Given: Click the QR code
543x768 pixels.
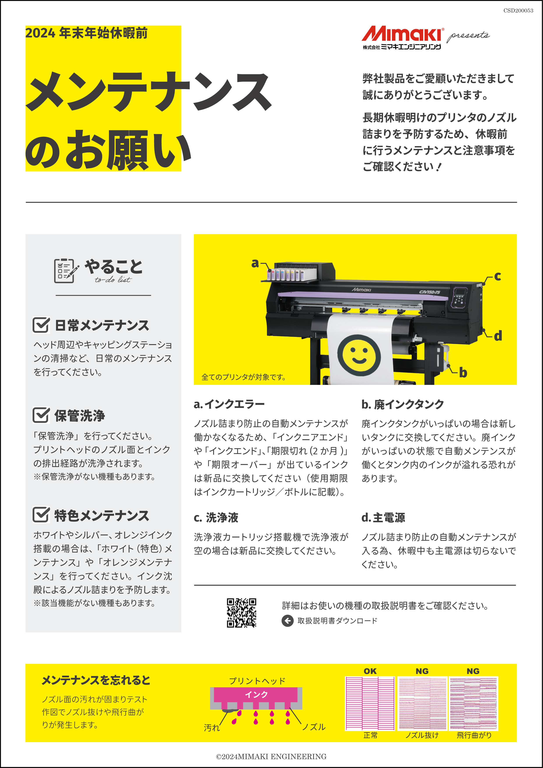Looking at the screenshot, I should [x=241, y=613].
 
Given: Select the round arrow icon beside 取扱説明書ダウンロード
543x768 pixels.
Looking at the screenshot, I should [x=287, y=620].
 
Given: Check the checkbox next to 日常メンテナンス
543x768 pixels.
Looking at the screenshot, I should [x=41, y=325].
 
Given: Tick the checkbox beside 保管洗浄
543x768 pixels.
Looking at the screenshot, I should [x=41, y=415].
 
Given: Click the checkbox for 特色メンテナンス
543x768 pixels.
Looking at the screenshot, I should [x=41, y=515].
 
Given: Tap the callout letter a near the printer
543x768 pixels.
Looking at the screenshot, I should [x=255, y=263].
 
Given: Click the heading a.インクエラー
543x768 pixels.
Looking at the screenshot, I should [x=229, y=404].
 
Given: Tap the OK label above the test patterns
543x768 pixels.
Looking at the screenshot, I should [x=370, y=671].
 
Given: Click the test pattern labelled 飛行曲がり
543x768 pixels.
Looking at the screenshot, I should [x=473, y=703].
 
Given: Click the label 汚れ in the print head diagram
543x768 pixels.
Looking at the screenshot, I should [x=212, y=727].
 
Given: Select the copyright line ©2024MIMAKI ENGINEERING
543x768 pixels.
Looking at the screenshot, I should [x=271, y=757].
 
